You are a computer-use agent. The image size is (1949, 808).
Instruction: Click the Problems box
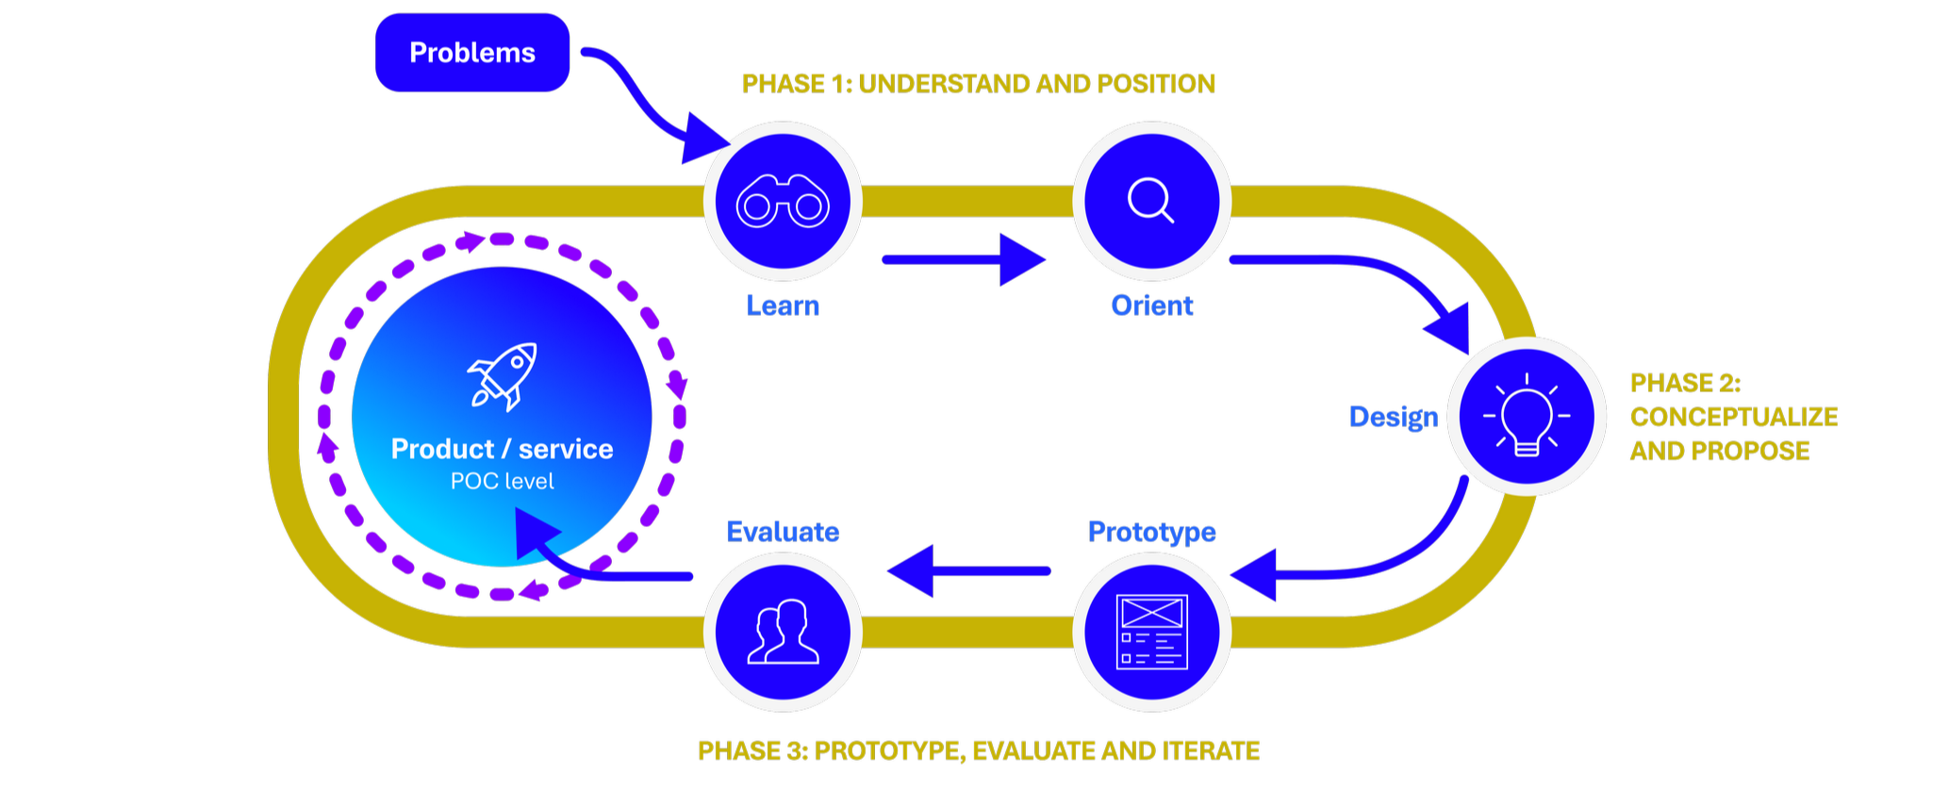coord(472,53)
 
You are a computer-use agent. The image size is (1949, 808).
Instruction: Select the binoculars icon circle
coord(783,201)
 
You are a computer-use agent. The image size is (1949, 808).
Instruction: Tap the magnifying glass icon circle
coord(1151,201)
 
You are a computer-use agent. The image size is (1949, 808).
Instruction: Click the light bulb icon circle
coord(1527,416)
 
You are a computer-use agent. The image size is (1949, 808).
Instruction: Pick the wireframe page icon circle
coord(1151,632)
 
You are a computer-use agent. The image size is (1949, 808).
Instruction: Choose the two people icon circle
coord(783,632)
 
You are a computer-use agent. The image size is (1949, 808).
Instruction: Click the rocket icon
coord(503,376)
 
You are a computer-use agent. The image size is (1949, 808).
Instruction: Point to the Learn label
coord(783,305)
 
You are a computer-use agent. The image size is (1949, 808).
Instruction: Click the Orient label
coord(1151,305)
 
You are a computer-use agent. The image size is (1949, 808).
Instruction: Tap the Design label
coord(1394,417)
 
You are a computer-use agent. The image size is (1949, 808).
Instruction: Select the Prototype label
coord(1151,532)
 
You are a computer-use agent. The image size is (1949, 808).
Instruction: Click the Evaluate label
coord(783,532)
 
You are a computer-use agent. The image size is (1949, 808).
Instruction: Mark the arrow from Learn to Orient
coord(964,259)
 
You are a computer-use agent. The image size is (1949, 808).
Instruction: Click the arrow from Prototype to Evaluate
coord(968,570)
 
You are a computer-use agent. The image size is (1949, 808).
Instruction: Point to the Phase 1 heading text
coord(978,84)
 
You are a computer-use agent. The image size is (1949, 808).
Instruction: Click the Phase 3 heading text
coord(978,750)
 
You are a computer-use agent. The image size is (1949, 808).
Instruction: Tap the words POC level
coord(503,481)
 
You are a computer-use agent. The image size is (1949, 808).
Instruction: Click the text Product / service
coord(503,449)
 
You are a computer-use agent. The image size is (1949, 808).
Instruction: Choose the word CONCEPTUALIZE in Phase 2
coord(1734,417)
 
